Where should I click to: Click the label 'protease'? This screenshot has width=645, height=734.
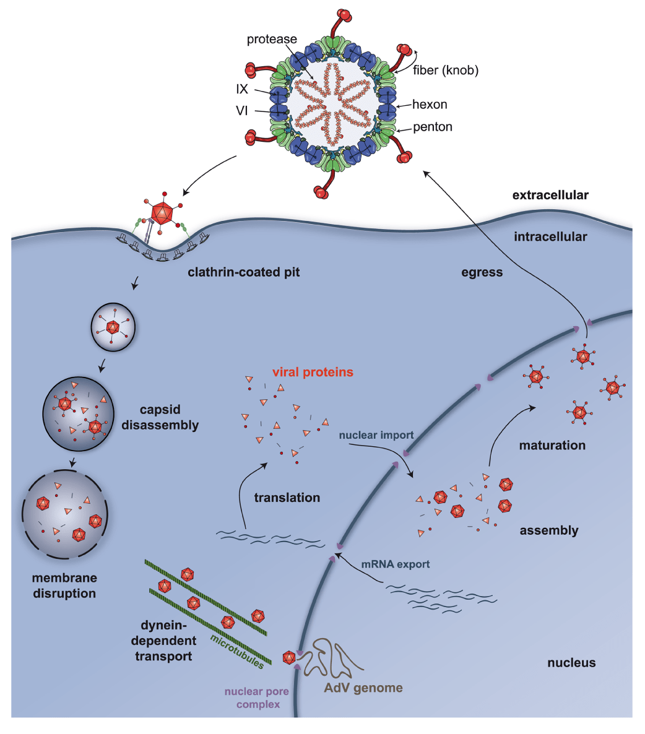click(272, 40)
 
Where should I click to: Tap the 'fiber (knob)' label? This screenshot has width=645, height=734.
click(446, 71)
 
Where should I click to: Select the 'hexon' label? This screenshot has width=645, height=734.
click(430, 105)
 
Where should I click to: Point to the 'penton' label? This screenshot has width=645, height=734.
click(432, 127)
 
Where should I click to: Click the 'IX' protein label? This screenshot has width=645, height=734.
click(241, 90)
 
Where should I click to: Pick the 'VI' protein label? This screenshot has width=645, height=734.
click(241, 112)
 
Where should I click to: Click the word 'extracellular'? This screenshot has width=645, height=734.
click(550, 196)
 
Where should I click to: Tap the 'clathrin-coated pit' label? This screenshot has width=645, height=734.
click(243, 272)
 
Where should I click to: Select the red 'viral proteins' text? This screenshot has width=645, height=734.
click(313, 373)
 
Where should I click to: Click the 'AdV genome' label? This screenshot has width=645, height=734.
click(363, 688)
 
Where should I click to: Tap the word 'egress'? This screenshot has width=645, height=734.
click(482, 272)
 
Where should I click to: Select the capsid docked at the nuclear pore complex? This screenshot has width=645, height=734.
click(288, 658)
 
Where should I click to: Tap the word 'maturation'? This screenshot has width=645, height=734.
click(552, 445)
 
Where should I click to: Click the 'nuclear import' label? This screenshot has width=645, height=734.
click(376, 435)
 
